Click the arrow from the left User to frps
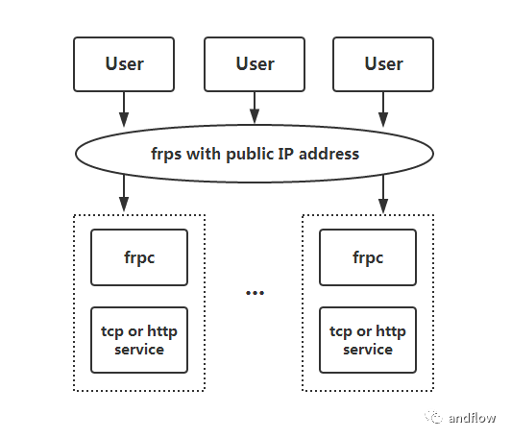tap(124, 109)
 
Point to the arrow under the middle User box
tap(255, 108)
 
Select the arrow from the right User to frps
tap(383, 109)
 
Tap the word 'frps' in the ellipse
tap(166, 154)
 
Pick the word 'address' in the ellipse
tap(328, 154)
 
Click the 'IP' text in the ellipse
tap(286, 154)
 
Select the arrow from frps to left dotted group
tap(124, 194)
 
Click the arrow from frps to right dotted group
tap(383, 194)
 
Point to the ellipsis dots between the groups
tap(255, 293)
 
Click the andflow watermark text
tap(472, 418)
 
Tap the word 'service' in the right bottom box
tap(368, 350)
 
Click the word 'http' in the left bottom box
tap(162, 332)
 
